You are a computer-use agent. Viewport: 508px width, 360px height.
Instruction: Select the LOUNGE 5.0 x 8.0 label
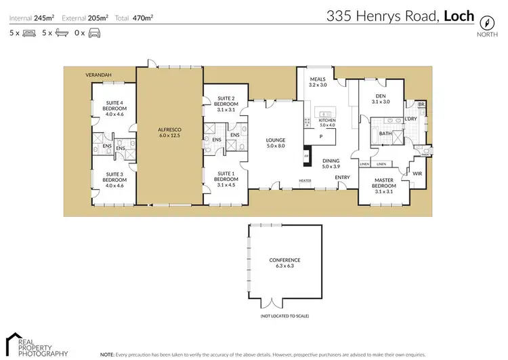pos(276,143)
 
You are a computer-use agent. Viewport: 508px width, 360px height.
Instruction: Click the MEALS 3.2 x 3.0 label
pos(318,83)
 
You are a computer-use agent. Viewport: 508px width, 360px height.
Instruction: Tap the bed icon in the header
pos(28,33)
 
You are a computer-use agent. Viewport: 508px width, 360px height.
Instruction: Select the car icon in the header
pos(93,33)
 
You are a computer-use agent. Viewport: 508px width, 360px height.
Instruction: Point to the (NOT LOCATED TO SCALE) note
pos(284,316)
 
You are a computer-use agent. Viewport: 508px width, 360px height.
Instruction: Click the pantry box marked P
pos(320,137)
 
